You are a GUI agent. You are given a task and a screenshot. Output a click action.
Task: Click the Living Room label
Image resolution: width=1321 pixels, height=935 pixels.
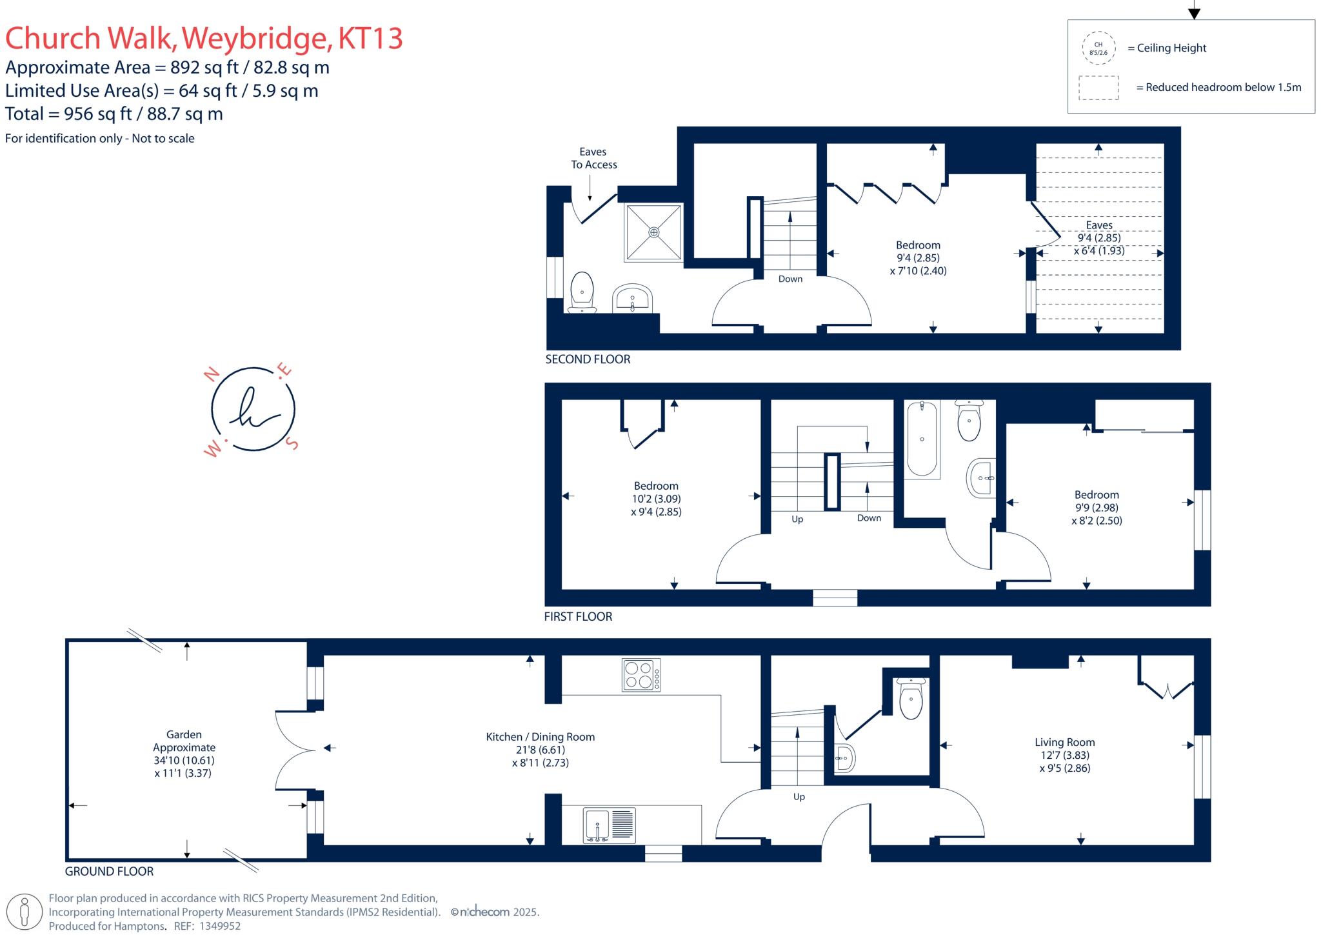[x=1064, y=743]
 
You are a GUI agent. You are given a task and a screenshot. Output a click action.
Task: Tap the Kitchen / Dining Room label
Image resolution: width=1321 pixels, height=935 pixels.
[x=540, y=737]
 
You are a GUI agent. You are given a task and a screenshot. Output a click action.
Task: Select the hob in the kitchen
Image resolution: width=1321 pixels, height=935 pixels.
[x=641, y=675]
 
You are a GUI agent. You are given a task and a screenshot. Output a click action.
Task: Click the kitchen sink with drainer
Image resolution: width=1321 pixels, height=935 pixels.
[x=610, y=825]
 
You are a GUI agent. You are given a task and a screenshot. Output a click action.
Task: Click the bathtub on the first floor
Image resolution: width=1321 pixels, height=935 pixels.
[x=922, y=439]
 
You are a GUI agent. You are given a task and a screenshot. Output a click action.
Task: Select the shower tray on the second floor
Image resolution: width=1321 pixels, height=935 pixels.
[x=653, y=232]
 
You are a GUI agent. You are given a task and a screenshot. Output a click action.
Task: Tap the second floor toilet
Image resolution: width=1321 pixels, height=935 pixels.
[x=582, y=292]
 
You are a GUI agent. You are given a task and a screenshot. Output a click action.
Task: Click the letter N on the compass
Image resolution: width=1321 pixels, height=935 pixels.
[x=210, y=375]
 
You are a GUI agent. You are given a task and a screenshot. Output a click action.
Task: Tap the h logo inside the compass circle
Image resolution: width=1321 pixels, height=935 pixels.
[x=253, y=409]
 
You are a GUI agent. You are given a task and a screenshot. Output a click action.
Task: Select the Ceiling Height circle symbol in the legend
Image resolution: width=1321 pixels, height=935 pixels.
[x=1098, y=48]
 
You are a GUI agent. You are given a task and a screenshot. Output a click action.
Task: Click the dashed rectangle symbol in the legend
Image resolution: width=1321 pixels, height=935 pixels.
[x=1098, y=88]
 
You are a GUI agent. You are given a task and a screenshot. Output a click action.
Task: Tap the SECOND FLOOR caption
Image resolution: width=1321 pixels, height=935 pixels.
[x=588, y=359]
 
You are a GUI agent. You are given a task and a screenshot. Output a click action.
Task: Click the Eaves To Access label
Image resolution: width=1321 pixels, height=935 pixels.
[x=593, y=158]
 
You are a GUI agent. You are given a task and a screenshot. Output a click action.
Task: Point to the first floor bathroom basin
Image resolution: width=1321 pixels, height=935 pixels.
[x=982, y=478]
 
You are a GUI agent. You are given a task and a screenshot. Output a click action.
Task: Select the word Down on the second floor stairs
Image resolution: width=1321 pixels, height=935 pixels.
[x=790, y=279]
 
